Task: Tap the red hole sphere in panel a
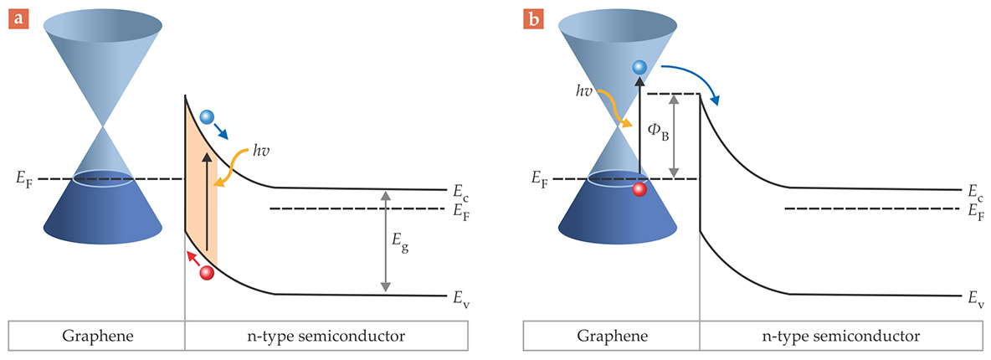(x=207, y=272)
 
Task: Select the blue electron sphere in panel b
(x=639, y=67)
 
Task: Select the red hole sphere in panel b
(x=639, y=189)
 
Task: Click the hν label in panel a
(x=262, y=152)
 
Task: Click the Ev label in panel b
(x=975, y=297)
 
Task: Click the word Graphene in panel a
(x=95, y=336)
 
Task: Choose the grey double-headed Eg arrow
(x=385, y=241)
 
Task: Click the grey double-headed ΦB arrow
(x=672, y=136)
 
